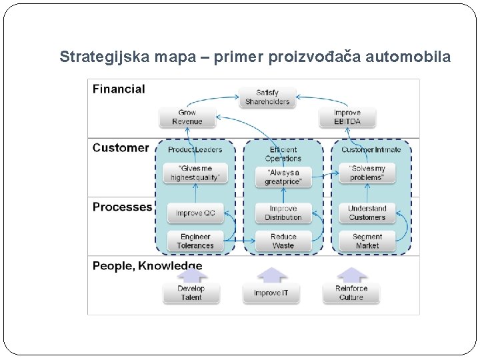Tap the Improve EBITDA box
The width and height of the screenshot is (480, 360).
(x=347, y=117)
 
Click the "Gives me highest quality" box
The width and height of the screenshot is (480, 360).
(x=195, y=173)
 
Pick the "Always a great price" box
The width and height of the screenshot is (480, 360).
(x=283, y=177)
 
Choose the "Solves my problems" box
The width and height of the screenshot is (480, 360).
(x=367, y=173)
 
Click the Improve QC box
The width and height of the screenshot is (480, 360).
(x=195, y=213)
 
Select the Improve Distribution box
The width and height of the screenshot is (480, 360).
(x=283, y=213)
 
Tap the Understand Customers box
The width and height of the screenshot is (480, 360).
(x=367, y=213)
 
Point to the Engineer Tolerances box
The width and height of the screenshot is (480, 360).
(x=195, y=241)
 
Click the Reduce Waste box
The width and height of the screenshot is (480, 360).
(x=283, y=241)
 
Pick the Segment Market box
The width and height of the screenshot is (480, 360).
(x=367, y=241)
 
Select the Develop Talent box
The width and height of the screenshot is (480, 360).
(x=191, y=293)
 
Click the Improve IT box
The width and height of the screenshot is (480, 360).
(x=271, y=293)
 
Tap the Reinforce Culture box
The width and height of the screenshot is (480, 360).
(x=351, y=293)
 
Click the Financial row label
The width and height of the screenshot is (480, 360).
(x=119, y=89)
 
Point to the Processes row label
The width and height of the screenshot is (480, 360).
(x=122, y=207)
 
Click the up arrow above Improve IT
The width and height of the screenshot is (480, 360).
(x=272, y=275)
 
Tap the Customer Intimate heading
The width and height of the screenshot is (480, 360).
(x=371, y=150)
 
